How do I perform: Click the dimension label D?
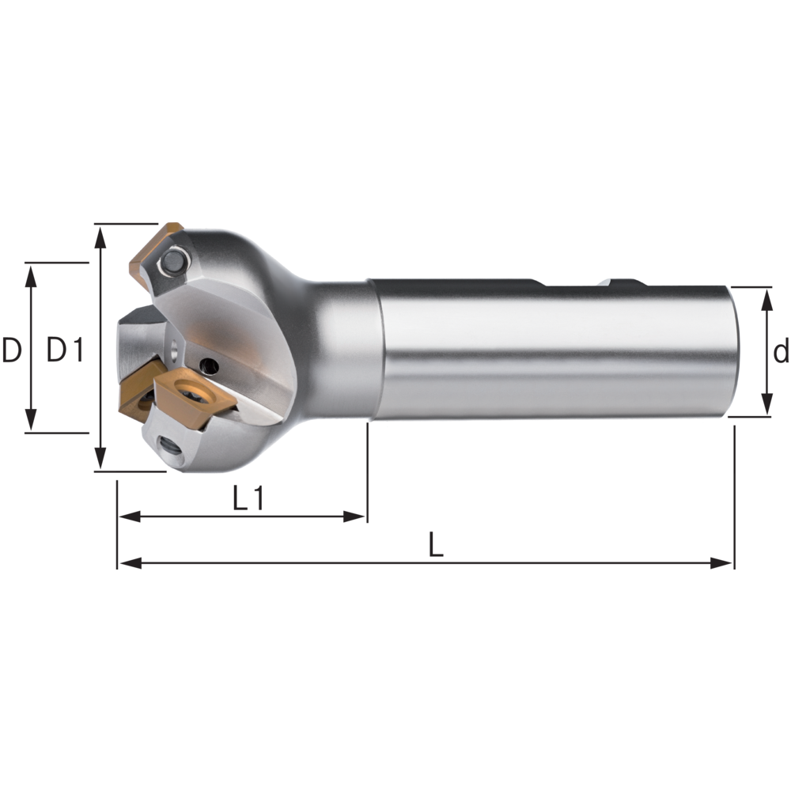11,350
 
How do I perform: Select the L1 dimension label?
248,498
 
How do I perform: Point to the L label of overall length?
435,545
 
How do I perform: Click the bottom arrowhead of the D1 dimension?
100,461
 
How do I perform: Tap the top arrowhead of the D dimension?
31,272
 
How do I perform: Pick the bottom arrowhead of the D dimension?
31,423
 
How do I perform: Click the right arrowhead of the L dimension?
724,563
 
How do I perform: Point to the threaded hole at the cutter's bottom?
169,448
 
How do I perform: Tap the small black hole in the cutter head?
209,365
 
